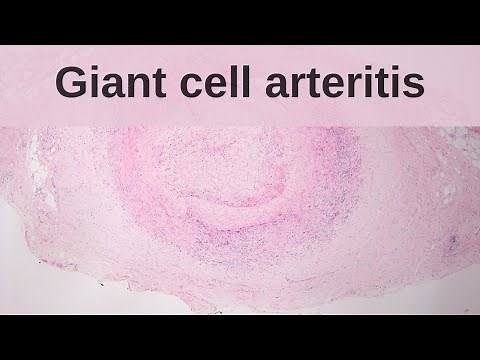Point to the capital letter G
pos(69,83)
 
